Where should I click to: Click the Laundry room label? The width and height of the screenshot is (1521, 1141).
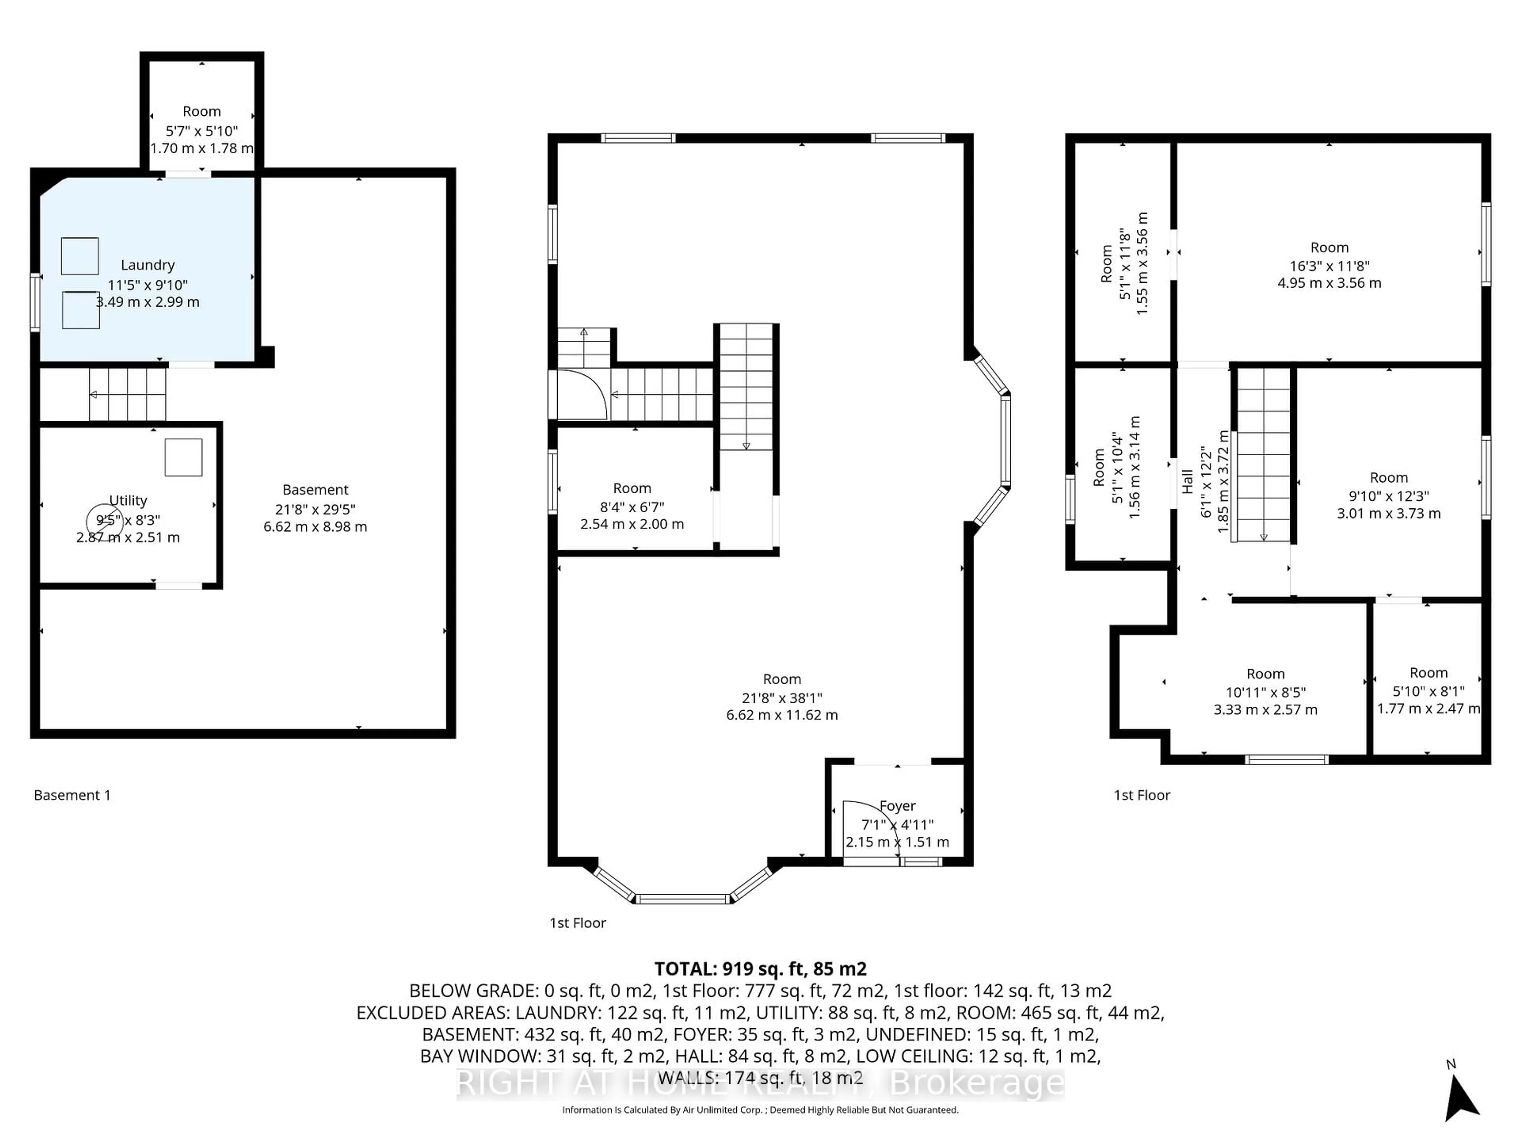pyautogui.click(x=147, y=265)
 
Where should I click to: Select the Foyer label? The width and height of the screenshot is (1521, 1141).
pyautogui.click(x=897, y=805)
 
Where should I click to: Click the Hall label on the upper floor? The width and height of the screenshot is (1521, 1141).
pyautogui.click(x=1187, y=481)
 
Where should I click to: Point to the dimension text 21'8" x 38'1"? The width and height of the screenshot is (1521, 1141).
pyautogui.click(x=782, y=697)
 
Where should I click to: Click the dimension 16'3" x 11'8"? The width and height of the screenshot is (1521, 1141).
pyautogui.click(x=1329, y=265)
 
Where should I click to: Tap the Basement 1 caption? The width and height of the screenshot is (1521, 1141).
pyautogui.click(x=72, y=795)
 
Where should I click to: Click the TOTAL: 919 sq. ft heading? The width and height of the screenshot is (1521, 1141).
pyautogui.click(x=760, y=968)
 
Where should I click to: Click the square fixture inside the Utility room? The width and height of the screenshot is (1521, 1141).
pyautogui.click(x=184, y=457)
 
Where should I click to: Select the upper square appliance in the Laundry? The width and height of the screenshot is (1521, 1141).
pyautogui.click(x=80, y=256)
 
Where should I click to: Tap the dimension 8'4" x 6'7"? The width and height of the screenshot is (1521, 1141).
pyautogui.click(x=632, y=507)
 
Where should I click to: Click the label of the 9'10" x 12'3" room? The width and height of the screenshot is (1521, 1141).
pyautogui.click(x=1388, y=477)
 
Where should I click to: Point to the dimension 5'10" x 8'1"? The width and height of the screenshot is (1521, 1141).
pyautogui.click(x=1428, y=691)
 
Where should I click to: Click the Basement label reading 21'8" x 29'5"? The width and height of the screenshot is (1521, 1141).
pyautogui.click(x=315, y=490)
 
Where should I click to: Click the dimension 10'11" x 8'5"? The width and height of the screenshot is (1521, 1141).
pyautogui.click(x=1265, y=692)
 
